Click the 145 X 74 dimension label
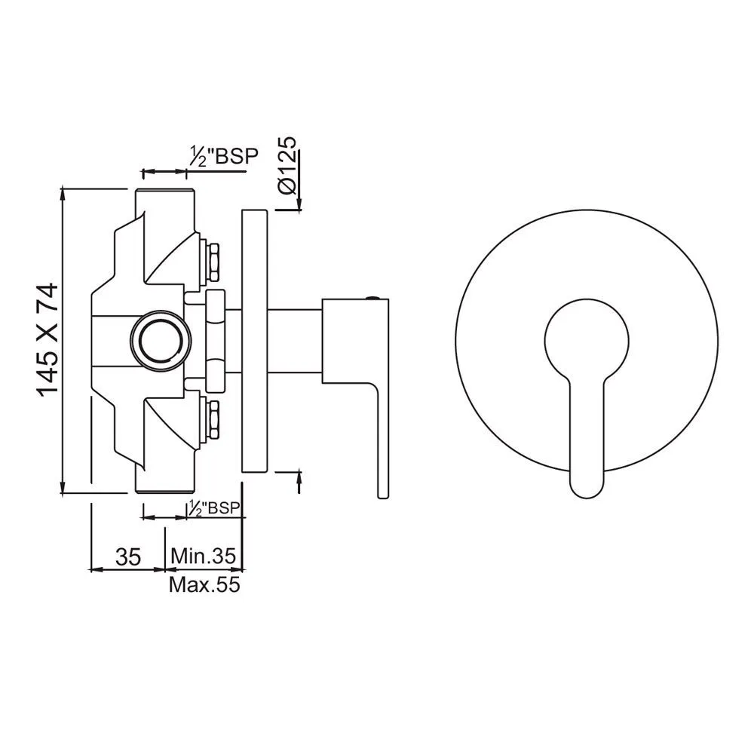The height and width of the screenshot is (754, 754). click(47, 339)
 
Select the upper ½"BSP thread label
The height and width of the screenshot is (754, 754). click(222, 156)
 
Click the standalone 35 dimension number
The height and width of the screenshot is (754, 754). click(128, 557)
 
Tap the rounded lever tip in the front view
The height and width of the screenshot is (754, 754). click(587, 483)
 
